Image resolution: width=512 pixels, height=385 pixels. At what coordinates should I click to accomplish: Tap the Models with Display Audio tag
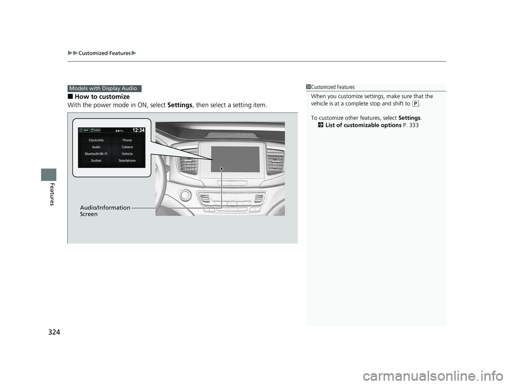pos(105,89)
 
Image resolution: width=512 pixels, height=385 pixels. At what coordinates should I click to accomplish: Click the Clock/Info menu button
pos(95,140)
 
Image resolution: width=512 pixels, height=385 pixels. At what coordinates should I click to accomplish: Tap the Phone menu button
pos(127,140)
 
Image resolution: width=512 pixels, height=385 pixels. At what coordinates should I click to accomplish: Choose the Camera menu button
pos(127,147)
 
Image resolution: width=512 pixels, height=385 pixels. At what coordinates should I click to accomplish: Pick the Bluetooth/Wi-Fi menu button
pos(95,154)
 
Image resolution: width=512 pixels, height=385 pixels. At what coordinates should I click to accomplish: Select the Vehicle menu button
pos(127,154)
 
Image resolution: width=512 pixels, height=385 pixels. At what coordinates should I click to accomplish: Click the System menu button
pos(95,161)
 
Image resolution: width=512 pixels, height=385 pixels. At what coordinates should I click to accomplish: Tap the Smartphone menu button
pos(127,161)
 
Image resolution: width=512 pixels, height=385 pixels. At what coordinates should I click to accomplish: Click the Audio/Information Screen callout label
pos(105,211)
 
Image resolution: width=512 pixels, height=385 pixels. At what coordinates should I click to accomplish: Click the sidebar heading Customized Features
pos(333,87)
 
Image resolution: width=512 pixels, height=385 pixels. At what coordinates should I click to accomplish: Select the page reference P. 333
pos(411,125)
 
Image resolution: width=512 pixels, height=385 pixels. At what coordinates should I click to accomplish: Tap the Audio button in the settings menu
pos(95,147)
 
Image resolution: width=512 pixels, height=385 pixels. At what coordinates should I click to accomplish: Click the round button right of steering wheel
pos(186,196)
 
